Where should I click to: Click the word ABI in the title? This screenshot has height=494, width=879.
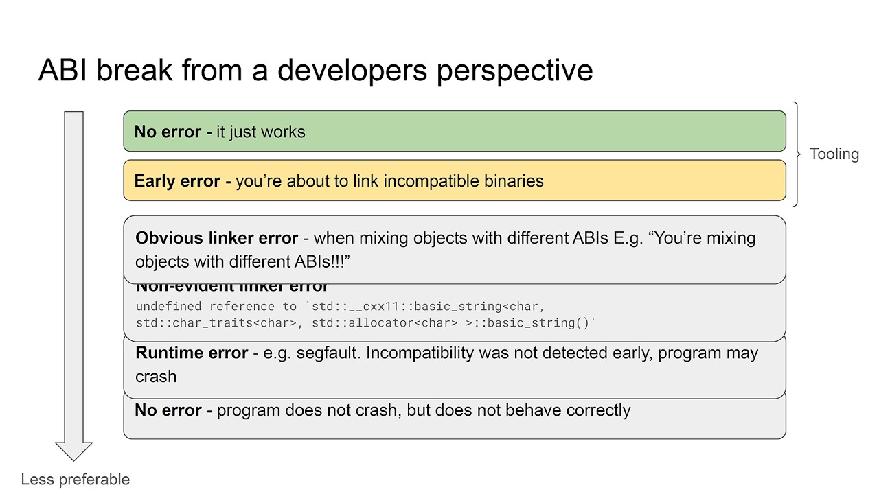tap(62, 70)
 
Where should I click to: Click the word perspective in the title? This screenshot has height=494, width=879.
tap(514, 71)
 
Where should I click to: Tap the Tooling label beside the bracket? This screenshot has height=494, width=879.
tap(834, 154)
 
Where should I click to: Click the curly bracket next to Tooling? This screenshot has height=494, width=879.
tap(797, 154)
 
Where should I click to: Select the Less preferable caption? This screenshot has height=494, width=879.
tap(76, 480)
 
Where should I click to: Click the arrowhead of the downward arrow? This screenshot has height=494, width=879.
tap(73, 451)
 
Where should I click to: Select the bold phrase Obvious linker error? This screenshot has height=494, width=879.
tap(216, 238)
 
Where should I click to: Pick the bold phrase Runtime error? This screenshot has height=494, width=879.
tap(192, 353)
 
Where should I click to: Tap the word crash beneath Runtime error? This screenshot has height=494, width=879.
tap(156, 377)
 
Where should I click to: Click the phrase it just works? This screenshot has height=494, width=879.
tap(260, 132)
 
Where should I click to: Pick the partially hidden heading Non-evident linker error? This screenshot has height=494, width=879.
tap(231, 287)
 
